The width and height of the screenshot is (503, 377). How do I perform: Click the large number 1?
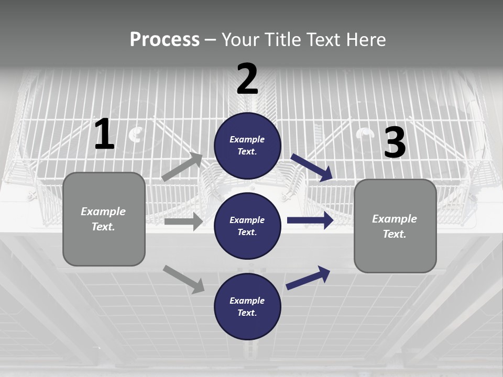coord(104,135)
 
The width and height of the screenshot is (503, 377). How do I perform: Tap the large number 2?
coord(247,80)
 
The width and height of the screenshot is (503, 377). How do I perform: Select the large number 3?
coord(395,143)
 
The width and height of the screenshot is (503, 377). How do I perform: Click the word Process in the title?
coord(165,39)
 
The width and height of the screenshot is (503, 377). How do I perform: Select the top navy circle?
coord(247,146)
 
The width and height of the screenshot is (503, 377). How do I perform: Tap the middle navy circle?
coord(247,226)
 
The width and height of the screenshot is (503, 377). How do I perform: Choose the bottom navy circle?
coord(247,306)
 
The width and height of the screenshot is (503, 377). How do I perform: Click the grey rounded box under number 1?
coord(104,219)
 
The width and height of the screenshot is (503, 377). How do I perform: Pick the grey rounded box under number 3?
coord(395,226)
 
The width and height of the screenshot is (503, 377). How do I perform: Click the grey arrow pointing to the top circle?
coord(182,168)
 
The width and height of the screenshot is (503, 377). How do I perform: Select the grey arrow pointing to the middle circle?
coord(183,221)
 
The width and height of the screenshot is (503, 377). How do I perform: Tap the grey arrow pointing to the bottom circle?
coord(184,279)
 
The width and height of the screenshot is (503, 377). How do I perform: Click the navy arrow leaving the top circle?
coord(312,167)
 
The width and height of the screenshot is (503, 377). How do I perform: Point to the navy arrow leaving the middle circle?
coord(310,220)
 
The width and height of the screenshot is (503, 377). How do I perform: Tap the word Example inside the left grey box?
coord(103,212)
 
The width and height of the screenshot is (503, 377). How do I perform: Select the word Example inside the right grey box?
coord(395,219)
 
